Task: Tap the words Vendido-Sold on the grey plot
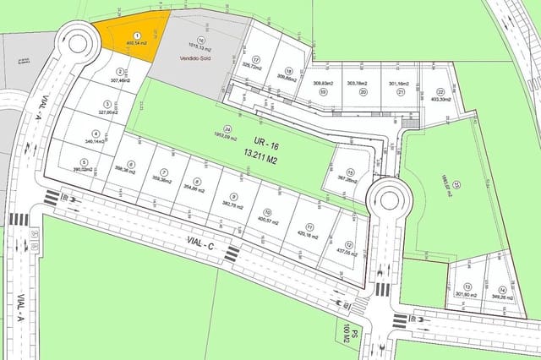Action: click(196, 57)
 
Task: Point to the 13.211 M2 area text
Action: click(255, 155)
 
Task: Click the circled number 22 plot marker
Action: click(440, 92)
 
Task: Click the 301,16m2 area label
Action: click(398, 85)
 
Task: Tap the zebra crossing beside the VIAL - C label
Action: click(231, 253)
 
